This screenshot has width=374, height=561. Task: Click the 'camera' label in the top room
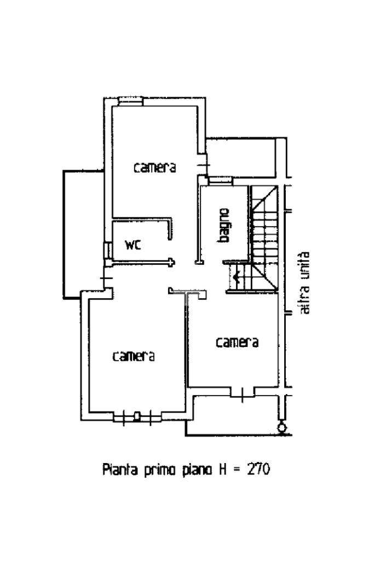pyautogui.click(x=155, y=167)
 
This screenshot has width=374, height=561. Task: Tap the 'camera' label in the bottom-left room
pyautogui.click(x=134, y=356)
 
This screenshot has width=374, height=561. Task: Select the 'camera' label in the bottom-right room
pyautogui.click(x=237, y=343)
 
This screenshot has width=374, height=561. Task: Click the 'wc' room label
pyautogui.click(x=133, y=245)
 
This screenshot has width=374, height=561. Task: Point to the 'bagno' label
pyautogui.click(x=223, y=225)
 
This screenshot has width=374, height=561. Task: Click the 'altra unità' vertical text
pyautogui.click(x=304, y=283)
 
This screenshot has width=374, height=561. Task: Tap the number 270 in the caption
pyautogui.click(x=258, y=469)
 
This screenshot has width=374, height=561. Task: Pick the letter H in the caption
pyautogui.click(x=223, y=470)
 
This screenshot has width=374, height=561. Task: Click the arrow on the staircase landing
pyautogui.click(x=236, y=276)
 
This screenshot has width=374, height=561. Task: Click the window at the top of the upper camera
pyautogui.click(x=131, y=101)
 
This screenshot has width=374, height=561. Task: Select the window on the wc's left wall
pyautogui.click(x=107, y=251)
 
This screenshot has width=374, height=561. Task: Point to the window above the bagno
pyautogui.click(x=221, y=181)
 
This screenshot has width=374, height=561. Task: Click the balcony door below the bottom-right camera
pyautogui.click(x=242, y=393)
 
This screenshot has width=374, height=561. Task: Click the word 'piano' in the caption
pyautogui.click(x=197, y=470)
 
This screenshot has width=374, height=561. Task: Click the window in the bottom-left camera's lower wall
pyautogui.click(x=137, y=417)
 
